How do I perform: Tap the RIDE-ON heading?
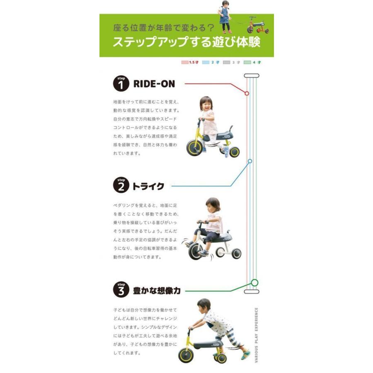[154, 84]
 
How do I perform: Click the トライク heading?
[148, 186]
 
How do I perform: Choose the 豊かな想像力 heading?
[157, 291]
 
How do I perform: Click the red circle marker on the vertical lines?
[247, 93]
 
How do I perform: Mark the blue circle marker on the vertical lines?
[250, 161]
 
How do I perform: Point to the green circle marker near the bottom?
[254, 283]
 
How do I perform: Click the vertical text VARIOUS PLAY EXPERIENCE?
[257, 334]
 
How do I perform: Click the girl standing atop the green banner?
[225, 17]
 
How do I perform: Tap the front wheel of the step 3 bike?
[185, 356]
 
